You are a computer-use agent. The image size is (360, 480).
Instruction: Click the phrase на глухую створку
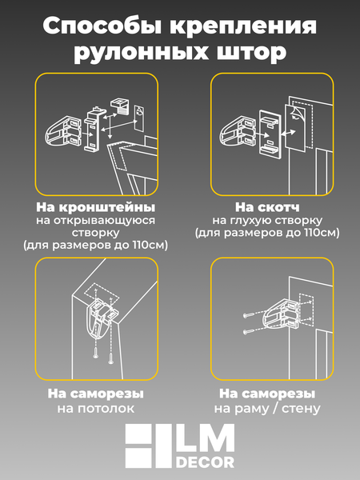click(266, 218)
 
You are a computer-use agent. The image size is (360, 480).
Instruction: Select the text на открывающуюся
click(95, 218)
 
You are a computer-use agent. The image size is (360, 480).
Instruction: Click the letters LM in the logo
click(210, 439)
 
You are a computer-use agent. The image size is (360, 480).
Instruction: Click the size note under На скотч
click(266, 233)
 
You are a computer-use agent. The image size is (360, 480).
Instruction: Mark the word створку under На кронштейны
click(95, 232)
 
